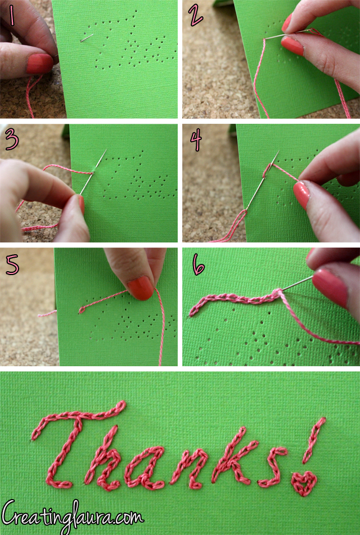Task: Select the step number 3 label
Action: point(11,140)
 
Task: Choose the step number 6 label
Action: point(198,265)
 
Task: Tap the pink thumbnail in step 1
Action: point(39,64)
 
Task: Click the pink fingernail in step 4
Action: point(301,195)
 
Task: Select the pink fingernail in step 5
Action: point(140,287)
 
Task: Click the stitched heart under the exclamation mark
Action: point(304,483)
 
